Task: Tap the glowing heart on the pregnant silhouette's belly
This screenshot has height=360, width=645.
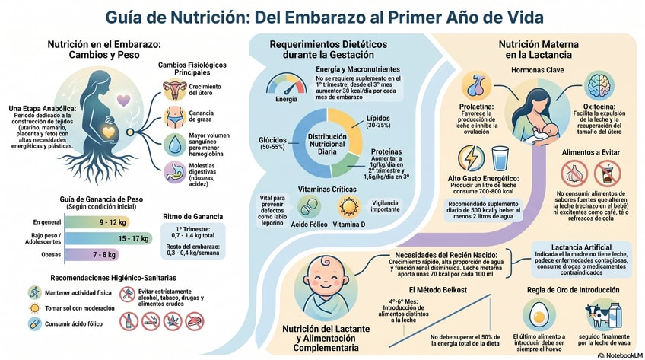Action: pyautogui.click(x=110, y=132)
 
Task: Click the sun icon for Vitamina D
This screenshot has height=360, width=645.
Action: pyautogui.click(x=348, y=207)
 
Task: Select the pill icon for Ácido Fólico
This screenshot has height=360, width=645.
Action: pyautogui.click(x=308, y=207)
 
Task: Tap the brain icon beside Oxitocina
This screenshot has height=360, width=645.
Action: pyautogui.click(x=598, y=86)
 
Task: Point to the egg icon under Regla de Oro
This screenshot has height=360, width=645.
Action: pyautogui.click(x=539, y=314)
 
